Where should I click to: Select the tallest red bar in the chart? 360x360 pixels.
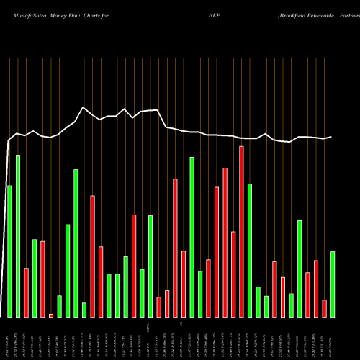(x=241, y=231)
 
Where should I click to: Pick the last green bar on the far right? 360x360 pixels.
(x=333, y=284)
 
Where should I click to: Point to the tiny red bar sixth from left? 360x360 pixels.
(x=51, y=315)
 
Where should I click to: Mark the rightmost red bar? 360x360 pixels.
(x=324, y=308)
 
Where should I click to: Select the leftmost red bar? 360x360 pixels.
(x=26, y=292)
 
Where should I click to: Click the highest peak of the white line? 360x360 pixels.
(x=84, y=107)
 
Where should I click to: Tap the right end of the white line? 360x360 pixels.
(x=331, y=137)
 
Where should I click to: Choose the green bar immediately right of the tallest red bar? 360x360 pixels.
(x=250, y=250)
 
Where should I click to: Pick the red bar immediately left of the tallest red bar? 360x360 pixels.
(x=233, y=274)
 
